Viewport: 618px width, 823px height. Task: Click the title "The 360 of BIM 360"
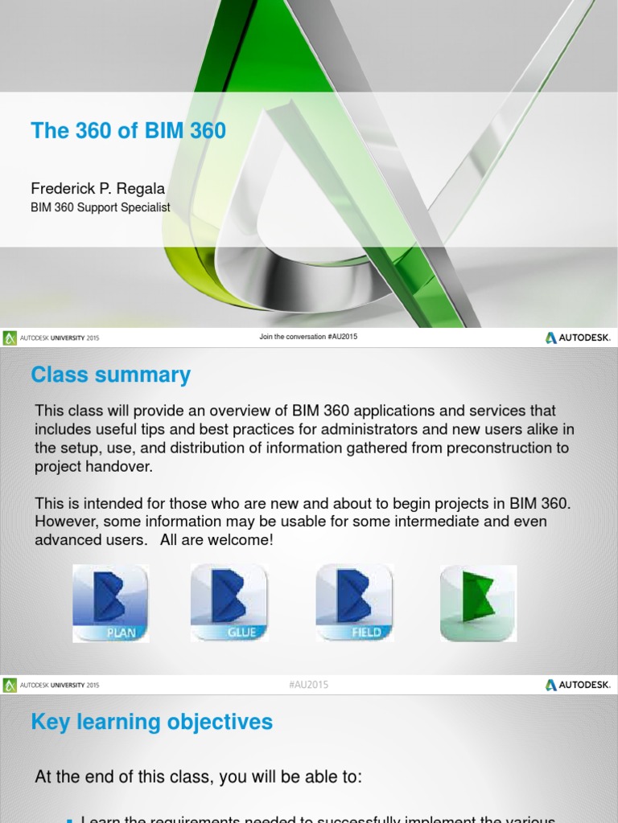(x=128, y=130)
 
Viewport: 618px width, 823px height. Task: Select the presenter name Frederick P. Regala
(x=97, y=189)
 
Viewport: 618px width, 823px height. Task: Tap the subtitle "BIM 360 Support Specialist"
(x=100, y=207)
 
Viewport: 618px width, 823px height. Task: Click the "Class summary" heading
(x=110, y=375)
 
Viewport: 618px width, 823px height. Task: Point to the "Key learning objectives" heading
(x=151, y=722)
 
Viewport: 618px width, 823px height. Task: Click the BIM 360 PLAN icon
(x=110, y=603)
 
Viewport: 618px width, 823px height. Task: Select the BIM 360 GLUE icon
(x=229, y=603)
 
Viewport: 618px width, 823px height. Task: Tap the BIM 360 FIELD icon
(x=353, y=603)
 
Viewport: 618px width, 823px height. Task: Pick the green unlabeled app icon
(x=478, y=603)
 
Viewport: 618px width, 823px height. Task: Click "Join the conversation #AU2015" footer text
(x=308, y=337)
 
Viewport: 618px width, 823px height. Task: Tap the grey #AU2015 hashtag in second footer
(x=308, y=685)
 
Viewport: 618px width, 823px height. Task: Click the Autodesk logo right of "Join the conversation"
(x=577, y=338)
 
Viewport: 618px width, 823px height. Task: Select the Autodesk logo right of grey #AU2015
(x=577, y=685)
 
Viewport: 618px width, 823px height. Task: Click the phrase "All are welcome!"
(x=216, y=540)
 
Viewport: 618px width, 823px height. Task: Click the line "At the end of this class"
(x=199, y=777)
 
